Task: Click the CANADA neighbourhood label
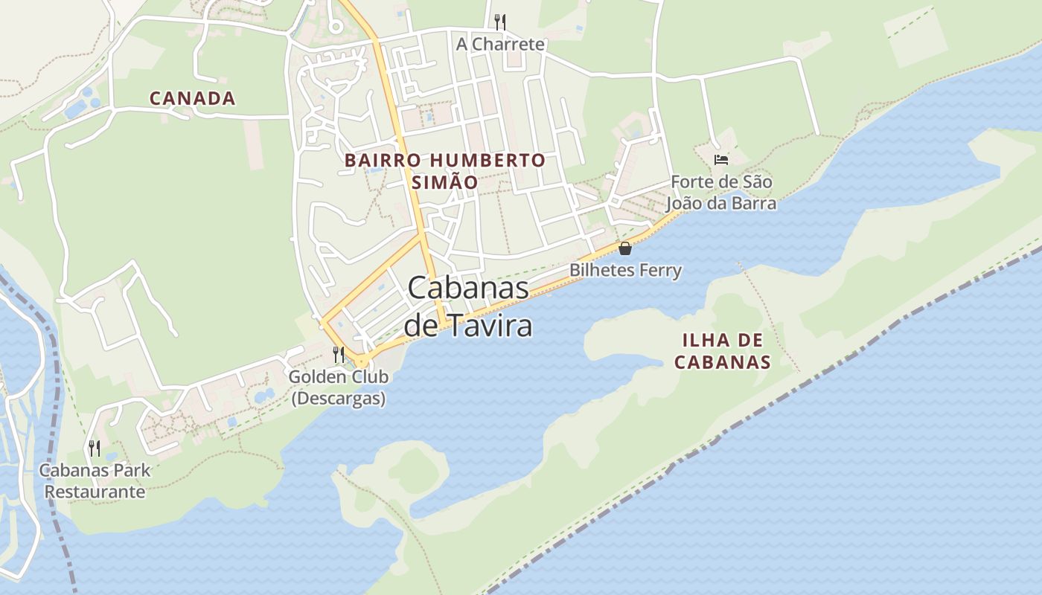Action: point(192,98)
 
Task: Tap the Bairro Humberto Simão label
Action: point(445,171)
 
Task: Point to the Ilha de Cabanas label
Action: point(722,351)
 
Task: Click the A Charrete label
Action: point(500,45)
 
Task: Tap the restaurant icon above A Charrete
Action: point(500,22)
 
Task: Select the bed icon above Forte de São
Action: point(720,160)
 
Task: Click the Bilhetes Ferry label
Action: point(625,270)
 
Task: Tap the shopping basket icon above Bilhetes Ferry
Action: point(625,248)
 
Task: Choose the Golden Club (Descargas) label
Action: point(339,387)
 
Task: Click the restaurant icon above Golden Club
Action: point(339,353)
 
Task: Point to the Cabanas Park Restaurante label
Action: point(95,480)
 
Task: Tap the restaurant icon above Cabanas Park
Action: point(95,448)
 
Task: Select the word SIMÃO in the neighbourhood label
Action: point(445,182)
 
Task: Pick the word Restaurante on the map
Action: point(95,492)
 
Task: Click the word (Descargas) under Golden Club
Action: point(339,399)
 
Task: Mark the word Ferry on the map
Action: point(657,270)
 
